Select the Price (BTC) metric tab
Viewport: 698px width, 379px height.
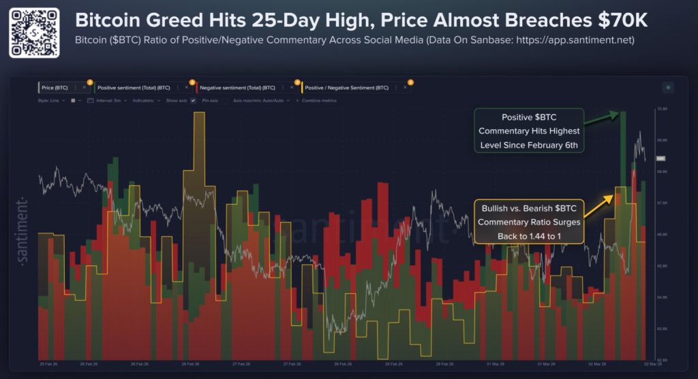click(x=55, y=88)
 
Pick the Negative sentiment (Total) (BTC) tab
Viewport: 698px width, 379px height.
click(x=236, y=88)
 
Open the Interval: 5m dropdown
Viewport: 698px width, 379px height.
click(x=110, y=100)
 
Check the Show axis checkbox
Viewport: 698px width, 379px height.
click(x=193, y=100)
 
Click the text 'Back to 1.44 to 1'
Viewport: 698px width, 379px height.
click(x=530, y=235)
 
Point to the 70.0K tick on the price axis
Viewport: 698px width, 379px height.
click(x=661, y=109)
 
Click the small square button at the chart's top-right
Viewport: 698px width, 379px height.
click(x=667, y=87)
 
